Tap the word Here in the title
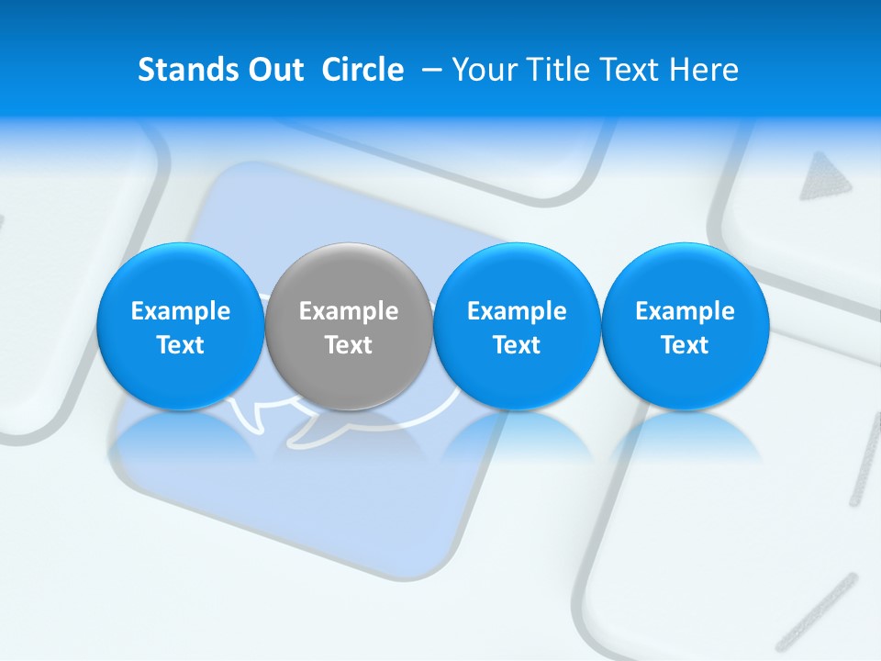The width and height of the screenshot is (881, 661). (x=704, y=70)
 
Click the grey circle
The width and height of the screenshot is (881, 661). (x=349, y=326)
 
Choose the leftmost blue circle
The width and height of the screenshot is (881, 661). (x=180, y=326)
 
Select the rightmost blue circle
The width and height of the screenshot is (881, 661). (x=685, y=326)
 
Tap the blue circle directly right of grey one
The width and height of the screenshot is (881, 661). (x=517, y=326)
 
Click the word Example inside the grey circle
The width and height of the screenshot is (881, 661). (x=349, y=311)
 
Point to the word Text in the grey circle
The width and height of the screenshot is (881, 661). (x=349, y=345)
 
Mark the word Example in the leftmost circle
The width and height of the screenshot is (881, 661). (x=180, y=311)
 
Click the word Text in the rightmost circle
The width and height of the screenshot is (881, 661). (x=685, y=345)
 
